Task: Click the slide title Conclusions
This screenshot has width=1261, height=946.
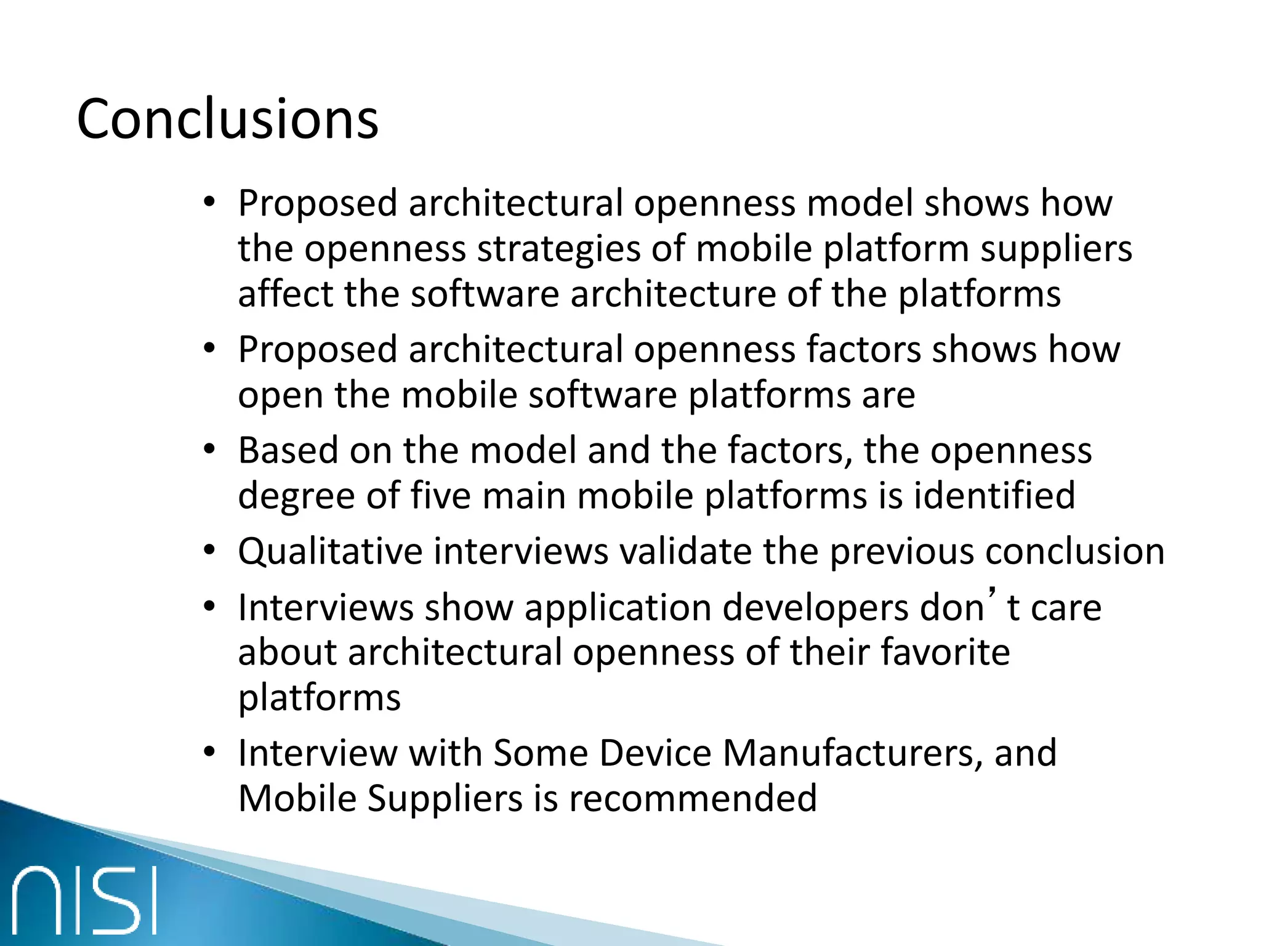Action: (227, 119)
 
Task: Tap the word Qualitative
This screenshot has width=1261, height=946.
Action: (330, 551)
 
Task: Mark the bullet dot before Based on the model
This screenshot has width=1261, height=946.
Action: (210, 448)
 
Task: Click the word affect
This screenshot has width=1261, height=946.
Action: (286, 294)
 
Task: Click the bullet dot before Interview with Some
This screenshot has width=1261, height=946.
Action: (210, 751)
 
